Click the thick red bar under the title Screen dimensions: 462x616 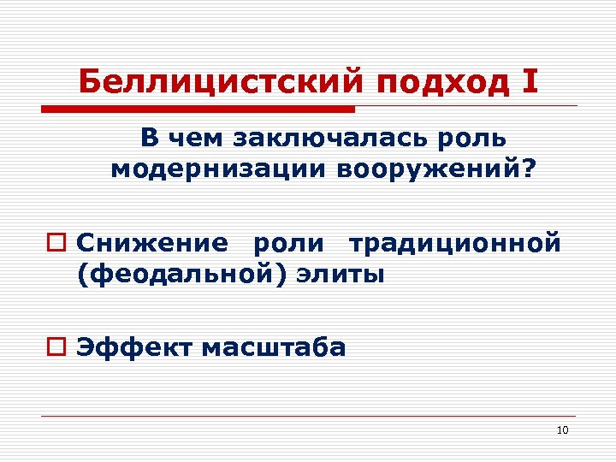point(198,110)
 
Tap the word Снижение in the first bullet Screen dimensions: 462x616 point(151,243)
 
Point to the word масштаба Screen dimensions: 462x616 point(274,347)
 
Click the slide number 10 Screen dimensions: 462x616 point(562,429)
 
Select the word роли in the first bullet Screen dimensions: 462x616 point(288,244)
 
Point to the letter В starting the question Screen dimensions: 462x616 point(149,139)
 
